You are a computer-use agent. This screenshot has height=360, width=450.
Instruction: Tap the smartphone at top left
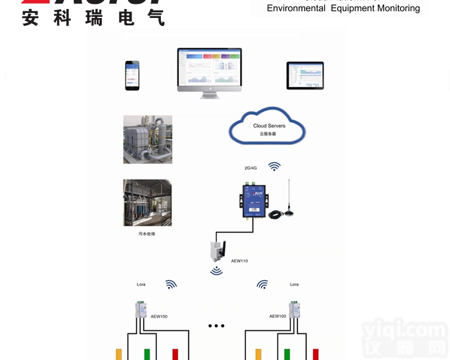click(x=132, y=75)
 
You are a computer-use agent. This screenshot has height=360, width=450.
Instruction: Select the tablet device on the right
click(x=305, y=75)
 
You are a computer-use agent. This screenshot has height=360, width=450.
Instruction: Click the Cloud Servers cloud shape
click(x=267, y=128)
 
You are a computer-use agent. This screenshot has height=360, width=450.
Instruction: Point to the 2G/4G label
click(x=251, y=168)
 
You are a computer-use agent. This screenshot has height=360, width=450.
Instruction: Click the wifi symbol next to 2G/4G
click(x=274, y=166)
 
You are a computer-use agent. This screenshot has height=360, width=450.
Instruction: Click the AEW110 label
click(x=239, y=261)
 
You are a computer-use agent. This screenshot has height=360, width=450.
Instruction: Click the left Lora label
click(x=141, y=285)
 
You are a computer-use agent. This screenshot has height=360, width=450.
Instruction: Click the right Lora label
click(x=294, y=285)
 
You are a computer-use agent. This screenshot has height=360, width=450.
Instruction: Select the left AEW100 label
click(x=159, y=316)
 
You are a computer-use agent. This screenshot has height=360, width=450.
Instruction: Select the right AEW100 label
click(x=277, y=316)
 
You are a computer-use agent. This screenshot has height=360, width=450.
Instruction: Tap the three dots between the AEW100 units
click(x=216, y=326)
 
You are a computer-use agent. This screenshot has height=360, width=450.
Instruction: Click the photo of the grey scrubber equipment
click(x=147, y=139)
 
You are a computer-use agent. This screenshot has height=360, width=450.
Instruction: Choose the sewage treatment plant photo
click(x=147, y=202)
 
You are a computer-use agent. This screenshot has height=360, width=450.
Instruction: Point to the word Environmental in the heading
click(x=296, y=8)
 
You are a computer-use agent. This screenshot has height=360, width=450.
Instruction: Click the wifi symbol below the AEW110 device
click(x=217, y=271)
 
